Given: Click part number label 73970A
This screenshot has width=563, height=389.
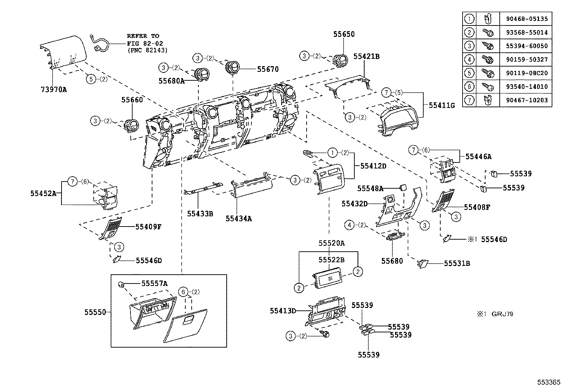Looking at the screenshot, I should pos(54,90).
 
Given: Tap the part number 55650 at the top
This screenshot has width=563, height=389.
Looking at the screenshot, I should pos(344,34).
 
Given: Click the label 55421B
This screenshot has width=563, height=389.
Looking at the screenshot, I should pos(366,56).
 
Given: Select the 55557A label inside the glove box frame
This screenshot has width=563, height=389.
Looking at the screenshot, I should pos(154,283).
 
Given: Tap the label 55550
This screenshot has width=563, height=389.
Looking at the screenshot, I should pos(95,312).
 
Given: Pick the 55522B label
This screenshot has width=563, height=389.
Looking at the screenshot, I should pos(331,260).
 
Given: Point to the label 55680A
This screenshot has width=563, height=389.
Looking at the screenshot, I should pos(171,81).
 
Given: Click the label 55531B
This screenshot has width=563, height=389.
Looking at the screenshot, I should pos(457,263).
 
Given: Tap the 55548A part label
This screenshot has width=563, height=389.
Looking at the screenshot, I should pos(370,189).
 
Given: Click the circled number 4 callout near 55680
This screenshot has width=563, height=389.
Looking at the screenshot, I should pos(349,225).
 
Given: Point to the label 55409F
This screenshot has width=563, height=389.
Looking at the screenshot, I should pos(148,227).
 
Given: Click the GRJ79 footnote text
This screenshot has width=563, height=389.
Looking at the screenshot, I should pos(502,314).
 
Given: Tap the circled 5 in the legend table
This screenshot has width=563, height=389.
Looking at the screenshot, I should pos(469,73).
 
